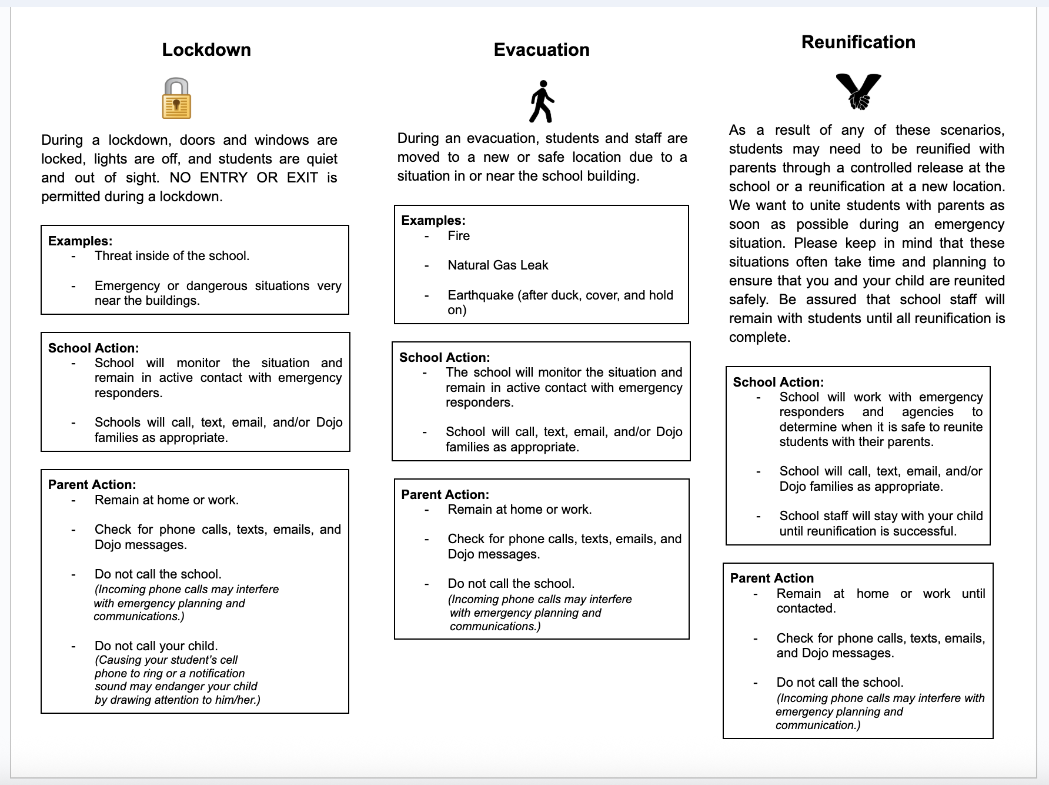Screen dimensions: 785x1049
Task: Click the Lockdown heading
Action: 206,49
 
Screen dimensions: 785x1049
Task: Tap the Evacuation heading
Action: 541,49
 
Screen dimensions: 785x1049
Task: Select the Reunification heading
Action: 858,42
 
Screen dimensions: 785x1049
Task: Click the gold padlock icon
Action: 176,99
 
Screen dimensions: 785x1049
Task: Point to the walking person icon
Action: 542,102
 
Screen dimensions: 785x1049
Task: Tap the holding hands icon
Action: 858,91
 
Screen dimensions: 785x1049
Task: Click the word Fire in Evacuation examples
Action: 459,236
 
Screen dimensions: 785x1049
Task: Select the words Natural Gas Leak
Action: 497,265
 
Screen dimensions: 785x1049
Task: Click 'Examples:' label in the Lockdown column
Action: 80,241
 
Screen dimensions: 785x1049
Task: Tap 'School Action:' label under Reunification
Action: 778,382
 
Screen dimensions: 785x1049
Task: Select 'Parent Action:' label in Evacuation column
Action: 445,494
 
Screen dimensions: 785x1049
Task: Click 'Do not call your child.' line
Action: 156,646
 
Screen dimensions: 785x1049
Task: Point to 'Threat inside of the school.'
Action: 172,256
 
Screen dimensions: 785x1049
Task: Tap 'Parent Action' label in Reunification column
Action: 771,578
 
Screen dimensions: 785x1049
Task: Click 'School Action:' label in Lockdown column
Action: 93,348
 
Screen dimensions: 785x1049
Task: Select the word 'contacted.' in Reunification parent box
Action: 806,608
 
